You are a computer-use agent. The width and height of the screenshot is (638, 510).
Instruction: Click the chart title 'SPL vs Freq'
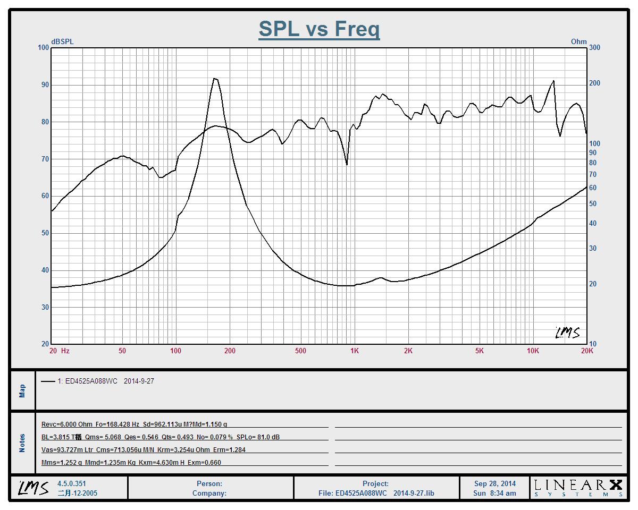click(x=319, y=29)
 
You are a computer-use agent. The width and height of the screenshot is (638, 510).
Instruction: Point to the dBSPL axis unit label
click(x=62, y=41)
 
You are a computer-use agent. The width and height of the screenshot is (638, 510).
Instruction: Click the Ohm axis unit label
click(x=578, y=41)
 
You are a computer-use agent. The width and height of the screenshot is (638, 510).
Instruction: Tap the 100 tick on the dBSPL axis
click(x=43, y=48)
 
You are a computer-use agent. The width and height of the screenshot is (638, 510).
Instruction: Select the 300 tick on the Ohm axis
click(x=594, y=48)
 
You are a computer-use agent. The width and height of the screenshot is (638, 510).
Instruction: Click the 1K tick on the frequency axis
click(x=354, y=351)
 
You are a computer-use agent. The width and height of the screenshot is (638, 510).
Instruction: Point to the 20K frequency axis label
click(x=587, y=351)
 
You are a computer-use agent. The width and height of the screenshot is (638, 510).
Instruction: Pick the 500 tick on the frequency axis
click(x=300, y=351)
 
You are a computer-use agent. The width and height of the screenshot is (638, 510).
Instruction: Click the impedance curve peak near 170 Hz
click(x=215, y=79)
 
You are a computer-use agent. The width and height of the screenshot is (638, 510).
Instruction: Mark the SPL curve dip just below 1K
click(x=347, y=164)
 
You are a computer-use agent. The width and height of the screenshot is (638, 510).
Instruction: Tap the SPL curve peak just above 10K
click(x=553, y=81)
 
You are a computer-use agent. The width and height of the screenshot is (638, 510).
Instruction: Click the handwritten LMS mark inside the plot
click(x=567, y=333)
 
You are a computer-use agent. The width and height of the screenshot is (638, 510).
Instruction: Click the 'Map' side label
click(x=22, y=390)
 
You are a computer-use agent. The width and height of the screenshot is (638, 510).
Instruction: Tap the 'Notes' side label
click(x=22, y=443)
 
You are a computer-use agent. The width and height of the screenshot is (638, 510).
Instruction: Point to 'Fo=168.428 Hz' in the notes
click(x=117, y=424)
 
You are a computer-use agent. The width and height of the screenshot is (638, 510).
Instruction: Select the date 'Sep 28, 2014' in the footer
click(x=495, y=483)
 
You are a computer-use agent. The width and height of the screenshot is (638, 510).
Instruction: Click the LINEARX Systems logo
click(x=578, y=487)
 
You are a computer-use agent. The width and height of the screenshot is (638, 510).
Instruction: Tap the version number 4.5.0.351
click(x=71, y=483)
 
